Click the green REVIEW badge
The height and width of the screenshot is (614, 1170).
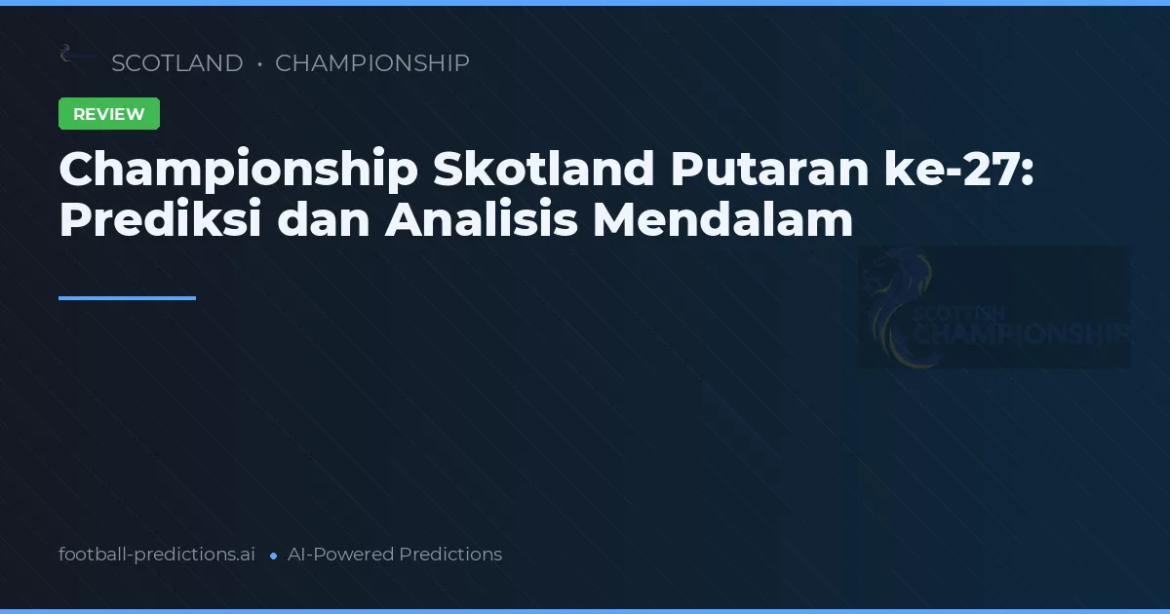point(109,114)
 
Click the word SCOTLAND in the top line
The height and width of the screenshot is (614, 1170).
point(176,63)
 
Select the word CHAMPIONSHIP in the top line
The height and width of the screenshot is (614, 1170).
point(371,63)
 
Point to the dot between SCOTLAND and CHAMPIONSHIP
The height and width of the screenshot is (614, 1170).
point(259,64)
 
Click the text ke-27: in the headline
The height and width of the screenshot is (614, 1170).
point(975,171)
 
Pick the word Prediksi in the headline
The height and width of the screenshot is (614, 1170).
point(160,220)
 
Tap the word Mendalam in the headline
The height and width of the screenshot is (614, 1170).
point(722,220)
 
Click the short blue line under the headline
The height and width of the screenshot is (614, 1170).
point(127,298)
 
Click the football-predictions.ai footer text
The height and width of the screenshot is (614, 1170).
point(157,555)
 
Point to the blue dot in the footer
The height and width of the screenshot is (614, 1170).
point(273,556)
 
